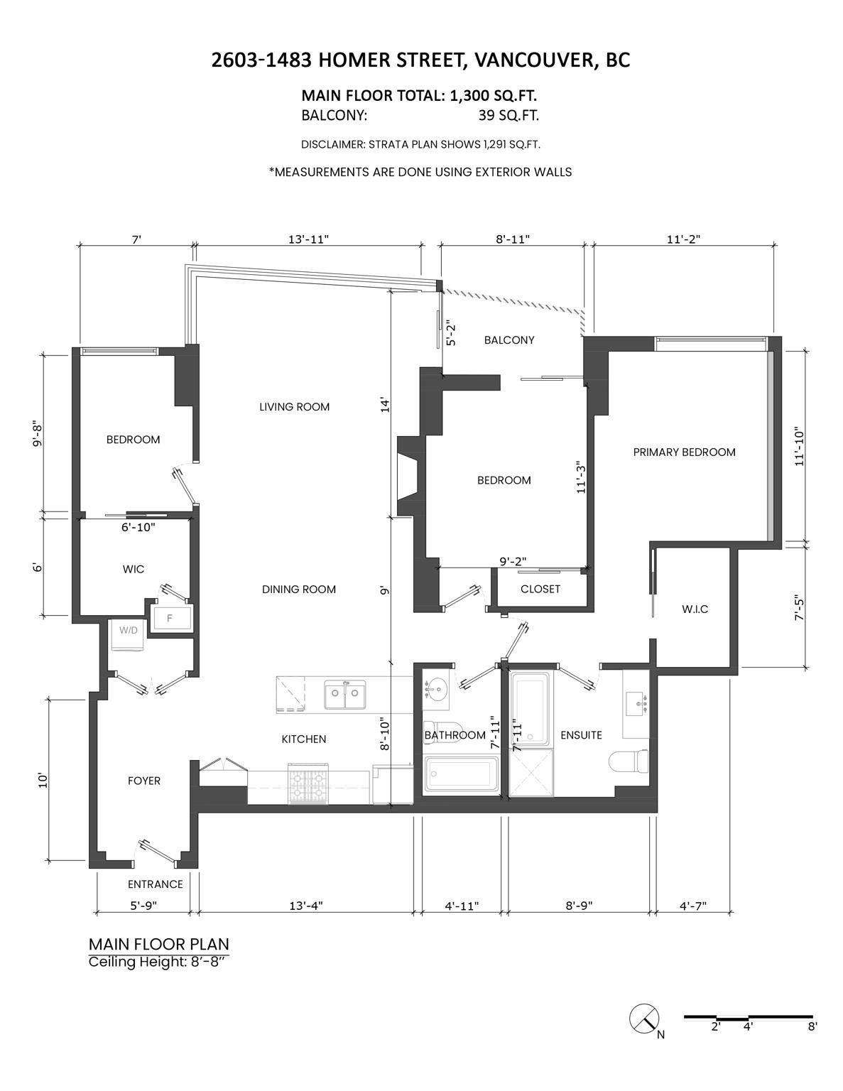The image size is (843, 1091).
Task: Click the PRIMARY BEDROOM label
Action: [x=684, y=452]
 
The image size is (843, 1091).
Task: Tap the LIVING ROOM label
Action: [x=295, y=407]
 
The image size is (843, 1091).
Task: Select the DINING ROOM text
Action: [x=299, y=589]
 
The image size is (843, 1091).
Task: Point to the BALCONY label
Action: [x=509, y=340]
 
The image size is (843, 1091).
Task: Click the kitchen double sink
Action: [x=344, y=695]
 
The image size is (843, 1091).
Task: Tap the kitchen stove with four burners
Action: [x=308, y=783]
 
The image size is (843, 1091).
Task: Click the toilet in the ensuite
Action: [x=629, y=761]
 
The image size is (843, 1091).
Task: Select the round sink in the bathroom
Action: [x=435, y=690]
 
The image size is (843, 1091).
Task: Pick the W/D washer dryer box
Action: [x=129, y=635]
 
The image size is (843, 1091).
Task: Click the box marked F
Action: [x=171, y=617]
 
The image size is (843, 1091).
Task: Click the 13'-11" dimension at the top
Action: [x=308, y=239]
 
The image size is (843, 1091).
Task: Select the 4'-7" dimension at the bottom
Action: [x=693, y=906]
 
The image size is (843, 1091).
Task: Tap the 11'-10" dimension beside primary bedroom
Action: [x=800, y=448]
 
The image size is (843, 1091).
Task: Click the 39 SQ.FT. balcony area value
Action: [x=508, y=116]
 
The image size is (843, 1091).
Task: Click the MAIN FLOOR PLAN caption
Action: [x=158, y=945]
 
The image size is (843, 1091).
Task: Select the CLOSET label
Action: [x=540, y=589]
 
